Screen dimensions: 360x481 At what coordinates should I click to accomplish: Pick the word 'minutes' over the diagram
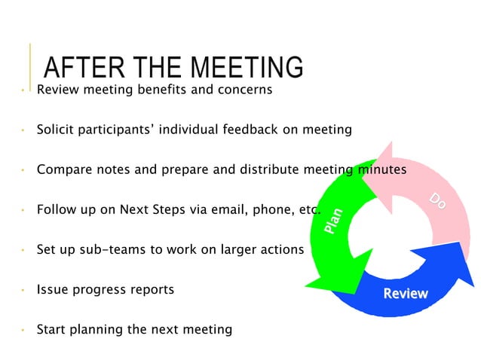point(381,170)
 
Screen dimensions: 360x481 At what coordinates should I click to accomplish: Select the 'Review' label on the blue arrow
point(405,294)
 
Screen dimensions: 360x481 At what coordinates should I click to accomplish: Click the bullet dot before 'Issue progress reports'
point(23,290)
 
